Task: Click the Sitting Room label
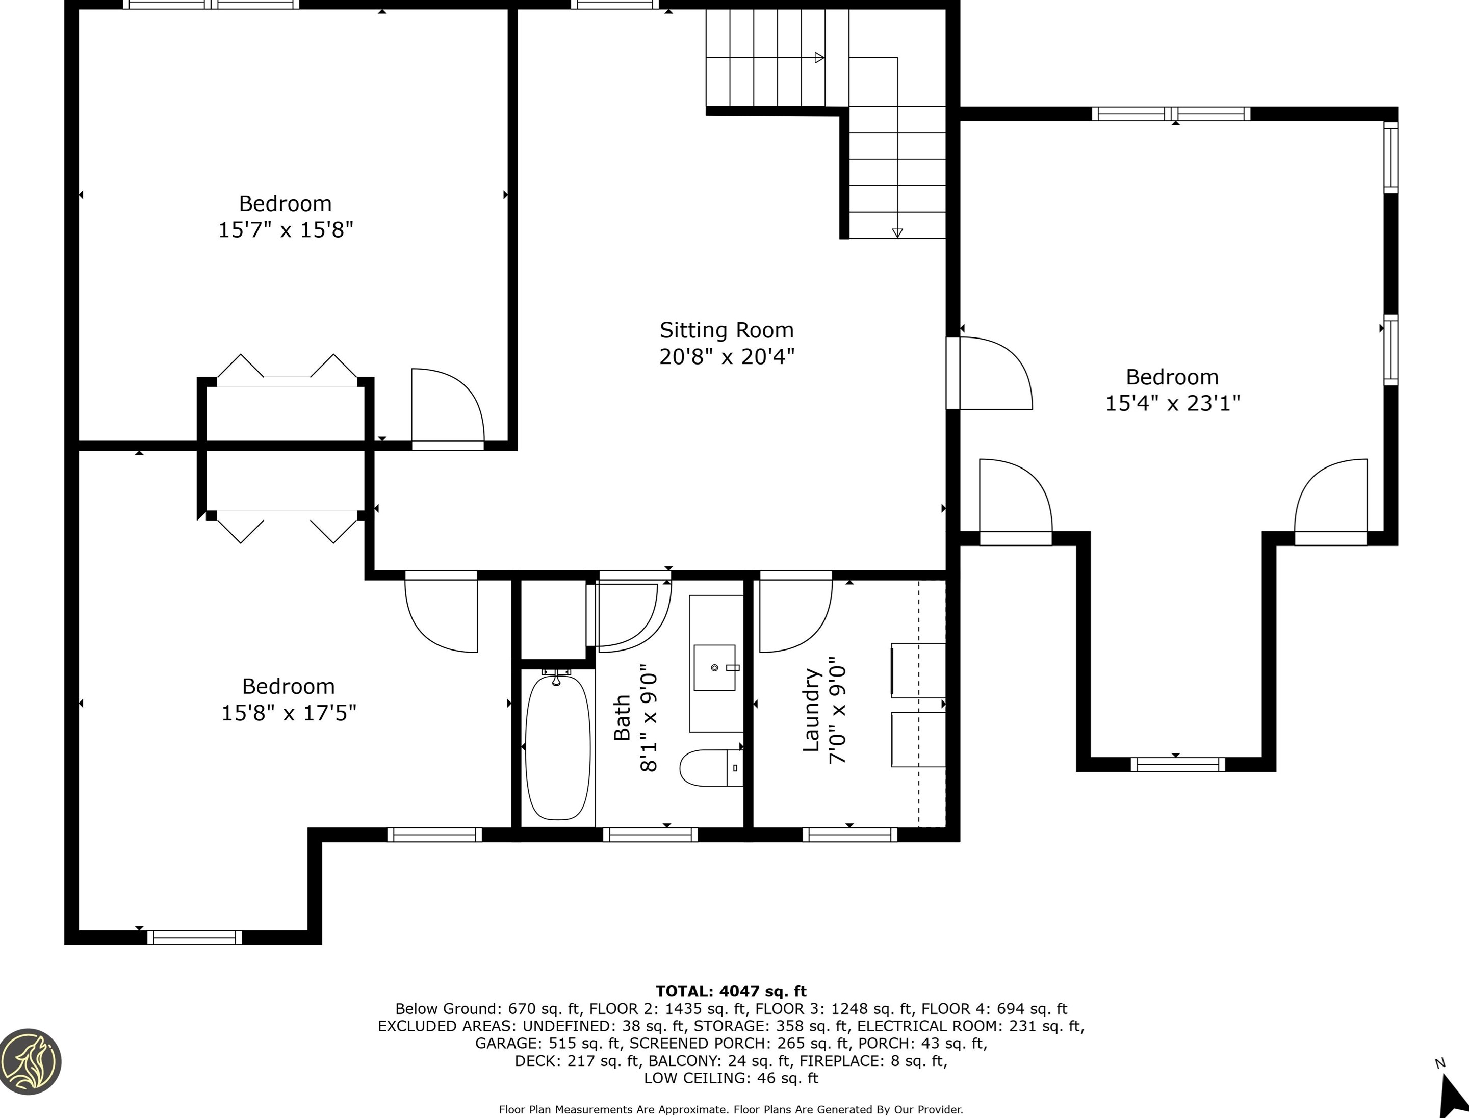click(726, 330)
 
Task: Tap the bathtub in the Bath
click(558, 747)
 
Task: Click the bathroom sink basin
click(714, 667)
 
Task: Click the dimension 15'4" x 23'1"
click(1173, 403)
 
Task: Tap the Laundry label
click(811, 710)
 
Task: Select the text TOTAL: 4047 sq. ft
click(731, 991)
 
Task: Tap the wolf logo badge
click(31, 1061)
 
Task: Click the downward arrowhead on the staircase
click(897, 233)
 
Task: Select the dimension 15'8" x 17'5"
click(289, 713)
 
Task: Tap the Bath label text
click(622, 717)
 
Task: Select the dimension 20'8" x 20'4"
click(727, 357)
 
